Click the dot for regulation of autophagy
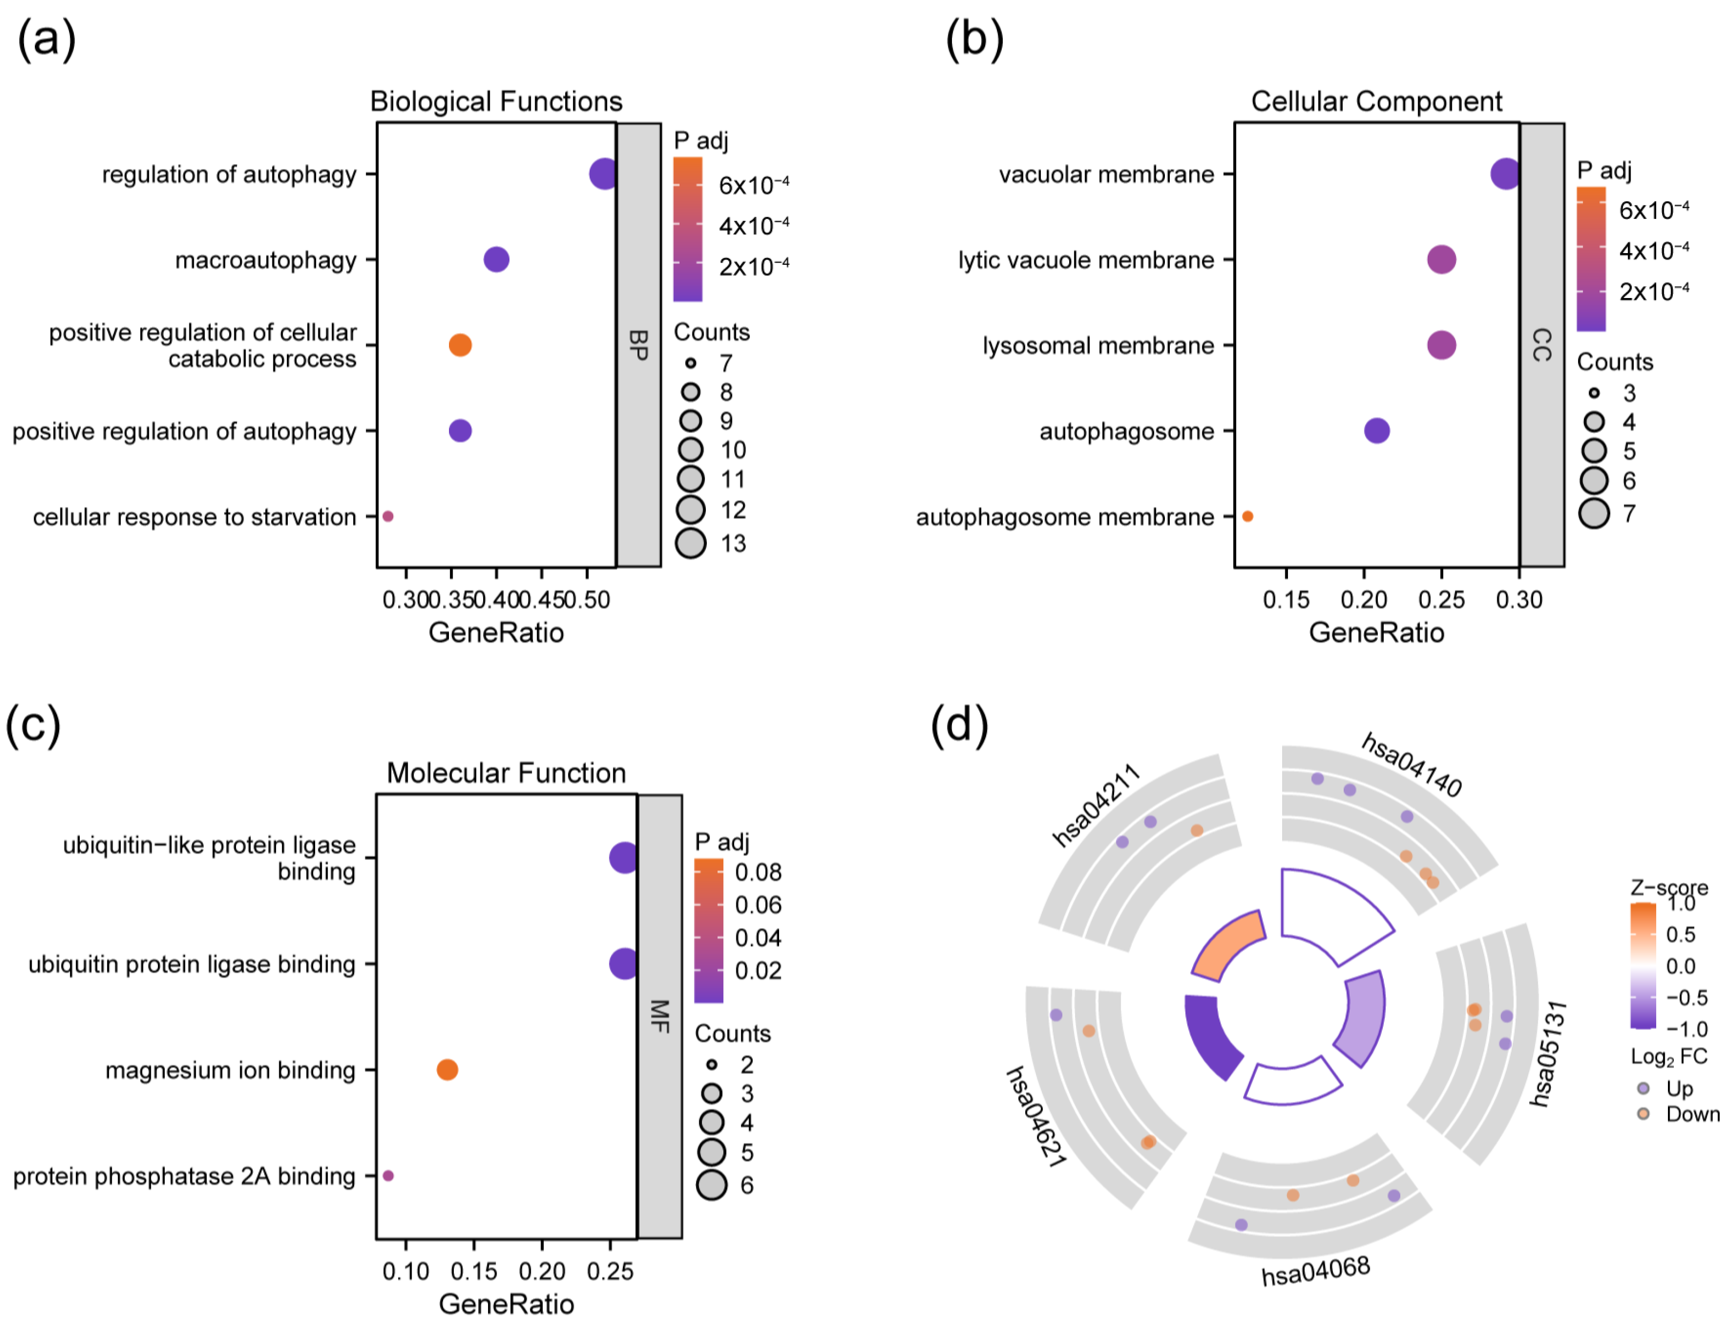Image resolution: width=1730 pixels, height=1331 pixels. [603, 173]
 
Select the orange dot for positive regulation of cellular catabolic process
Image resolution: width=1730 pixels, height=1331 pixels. [460, 345]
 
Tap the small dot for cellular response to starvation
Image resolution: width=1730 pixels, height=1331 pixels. [388, 516]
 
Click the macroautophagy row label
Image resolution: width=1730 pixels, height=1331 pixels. [265, 259]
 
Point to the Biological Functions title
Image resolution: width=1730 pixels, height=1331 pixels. [496, 101]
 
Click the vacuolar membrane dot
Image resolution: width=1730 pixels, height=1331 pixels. [1504, 173]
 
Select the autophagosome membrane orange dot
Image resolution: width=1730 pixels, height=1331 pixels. [1247, 516]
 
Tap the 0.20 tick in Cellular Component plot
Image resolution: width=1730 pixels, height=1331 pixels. [1363, 599]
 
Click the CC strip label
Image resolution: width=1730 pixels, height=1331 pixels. [1542, 345]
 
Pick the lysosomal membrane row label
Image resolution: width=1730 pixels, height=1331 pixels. [1098, 345]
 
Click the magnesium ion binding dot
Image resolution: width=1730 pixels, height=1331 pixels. [447, 1070]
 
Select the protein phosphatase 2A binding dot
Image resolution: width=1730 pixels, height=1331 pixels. [388, 1176]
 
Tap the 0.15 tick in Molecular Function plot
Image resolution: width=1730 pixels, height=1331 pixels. [474, 1271]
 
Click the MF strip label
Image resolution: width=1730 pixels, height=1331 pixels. [659, 1016]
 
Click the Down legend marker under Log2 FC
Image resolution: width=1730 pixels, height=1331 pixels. [1644, 1114]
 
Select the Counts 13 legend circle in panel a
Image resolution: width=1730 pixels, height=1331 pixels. [691, 543]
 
